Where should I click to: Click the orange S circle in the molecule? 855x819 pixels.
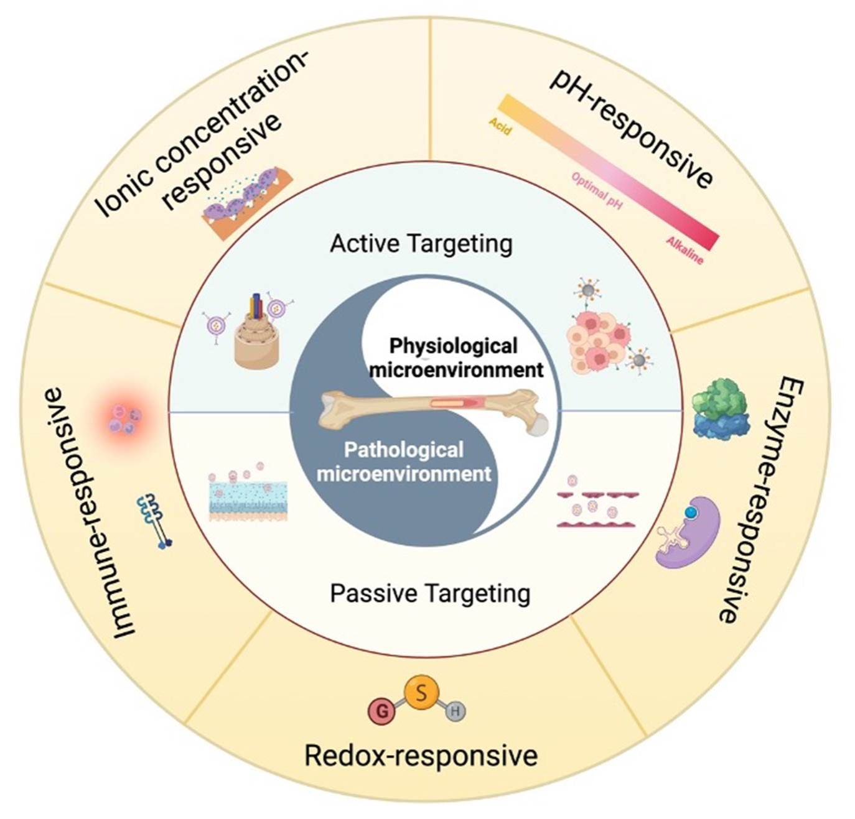point(421,693)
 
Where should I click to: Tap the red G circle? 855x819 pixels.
point(382,711)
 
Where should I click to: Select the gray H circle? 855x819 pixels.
point(455,711)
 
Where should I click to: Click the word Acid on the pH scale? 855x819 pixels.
point(500,126)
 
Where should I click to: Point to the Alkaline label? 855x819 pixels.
point(684,251)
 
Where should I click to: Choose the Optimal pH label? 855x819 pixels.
point(597,191)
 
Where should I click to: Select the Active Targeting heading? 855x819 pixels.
point(421,244)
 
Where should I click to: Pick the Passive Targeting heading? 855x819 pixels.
point(430,594)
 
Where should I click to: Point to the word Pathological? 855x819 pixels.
point(404,450)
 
